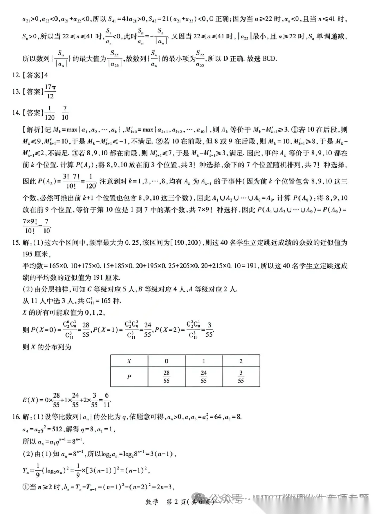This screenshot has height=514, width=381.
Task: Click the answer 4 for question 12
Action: click(x=46, y=75)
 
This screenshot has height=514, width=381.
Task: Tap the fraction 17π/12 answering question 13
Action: click(x=50, y=91)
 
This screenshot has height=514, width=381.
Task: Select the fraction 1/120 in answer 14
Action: click(x=49, y=113)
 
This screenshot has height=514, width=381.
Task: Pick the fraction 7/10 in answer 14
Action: click(x=65, y=113)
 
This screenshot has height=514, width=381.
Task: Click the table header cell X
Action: click(x=129, y=361)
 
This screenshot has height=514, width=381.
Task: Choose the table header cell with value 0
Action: click(x=167, y=361)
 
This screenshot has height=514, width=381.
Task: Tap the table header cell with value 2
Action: click(x=241, y=361)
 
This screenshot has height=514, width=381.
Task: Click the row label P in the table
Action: click(x=129, y=377)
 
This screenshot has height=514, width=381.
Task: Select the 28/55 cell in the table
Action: click(x=167, y=377)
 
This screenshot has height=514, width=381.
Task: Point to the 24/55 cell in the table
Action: click(x=204, y=377)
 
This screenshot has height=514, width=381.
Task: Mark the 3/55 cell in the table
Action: click(x=241, y=377)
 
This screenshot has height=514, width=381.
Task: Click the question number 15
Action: click(x=16, y=243)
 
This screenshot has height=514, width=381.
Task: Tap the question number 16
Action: click(x=16, y=417)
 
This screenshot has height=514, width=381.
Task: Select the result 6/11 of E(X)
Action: click(x=107, y=400)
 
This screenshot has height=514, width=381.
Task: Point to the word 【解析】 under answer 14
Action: click(x=33, y=130)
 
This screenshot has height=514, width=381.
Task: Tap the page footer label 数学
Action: click(x=152, y=502)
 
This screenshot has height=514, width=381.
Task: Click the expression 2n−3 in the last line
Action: click(x=164, y=487)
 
